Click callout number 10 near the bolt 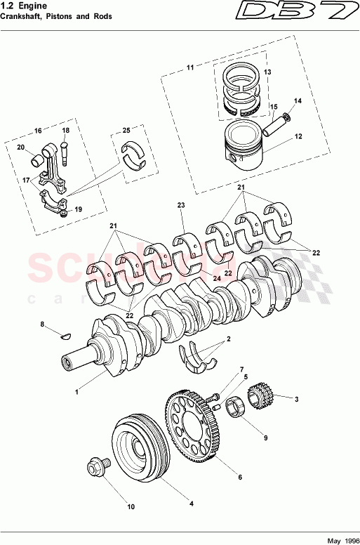point(130,506)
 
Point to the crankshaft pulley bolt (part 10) point(97,468)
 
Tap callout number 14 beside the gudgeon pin point(298,101)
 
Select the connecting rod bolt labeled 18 point(65,148)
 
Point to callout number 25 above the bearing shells point(126,131)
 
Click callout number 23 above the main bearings point(180,205)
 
